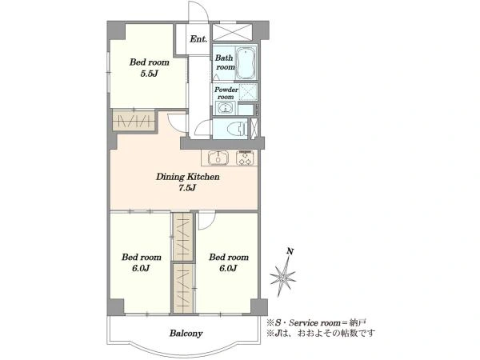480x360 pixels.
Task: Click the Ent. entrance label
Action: (198, 39)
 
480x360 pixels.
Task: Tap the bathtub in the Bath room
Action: (246, 63)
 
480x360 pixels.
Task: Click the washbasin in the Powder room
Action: (226, 108)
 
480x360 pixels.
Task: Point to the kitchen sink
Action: (218, 158)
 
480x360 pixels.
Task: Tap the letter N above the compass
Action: (290, 252)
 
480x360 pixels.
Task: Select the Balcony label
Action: (186, 333)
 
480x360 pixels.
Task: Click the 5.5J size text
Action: (149, 74)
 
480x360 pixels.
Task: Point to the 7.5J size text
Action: (187, 188)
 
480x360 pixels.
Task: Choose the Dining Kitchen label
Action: (188, 177)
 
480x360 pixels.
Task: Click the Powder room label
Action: (226, 93)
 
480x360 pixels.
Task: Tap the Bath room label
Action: (225, 62)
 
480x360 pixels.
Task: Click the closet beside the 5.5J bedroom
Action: (134, 120)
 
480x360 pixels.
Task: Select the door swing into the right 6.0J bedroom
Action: (207, 221)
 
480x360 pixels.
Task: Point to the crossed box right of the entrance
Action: (232, 31)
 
